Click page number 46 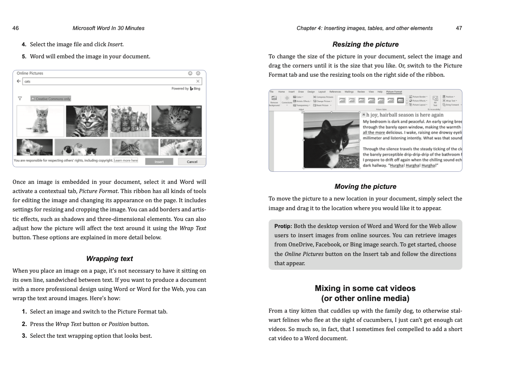tap(15, 28)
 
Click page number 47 tap(459, 28)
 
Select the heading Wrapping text tap(109, 259)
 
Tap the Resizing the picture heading tap(365, 44)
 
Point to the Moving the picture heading tap(365, 186)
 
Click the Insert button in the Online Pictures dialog tap(159, 162)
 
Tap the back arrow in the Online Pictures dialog tap(19, 81)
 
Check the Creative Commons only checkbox tap(33, 99)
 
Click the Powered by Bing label tap(186, 89)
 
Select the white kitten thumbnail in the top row tap(40, 121)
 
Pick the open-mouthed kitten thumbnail tap(87, 121)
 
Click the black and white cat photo tap(331, 140)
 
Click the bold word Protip tap(283, 226)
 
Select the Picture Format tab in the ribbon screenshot tap(394, 92)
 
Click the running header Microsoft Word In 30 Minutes tap(108, 28)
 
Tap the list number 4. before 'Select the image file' tap(24, 44)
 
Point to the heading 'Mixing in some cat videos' tap(365, 288)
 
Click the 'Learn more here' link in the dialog tap(126, 161)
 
